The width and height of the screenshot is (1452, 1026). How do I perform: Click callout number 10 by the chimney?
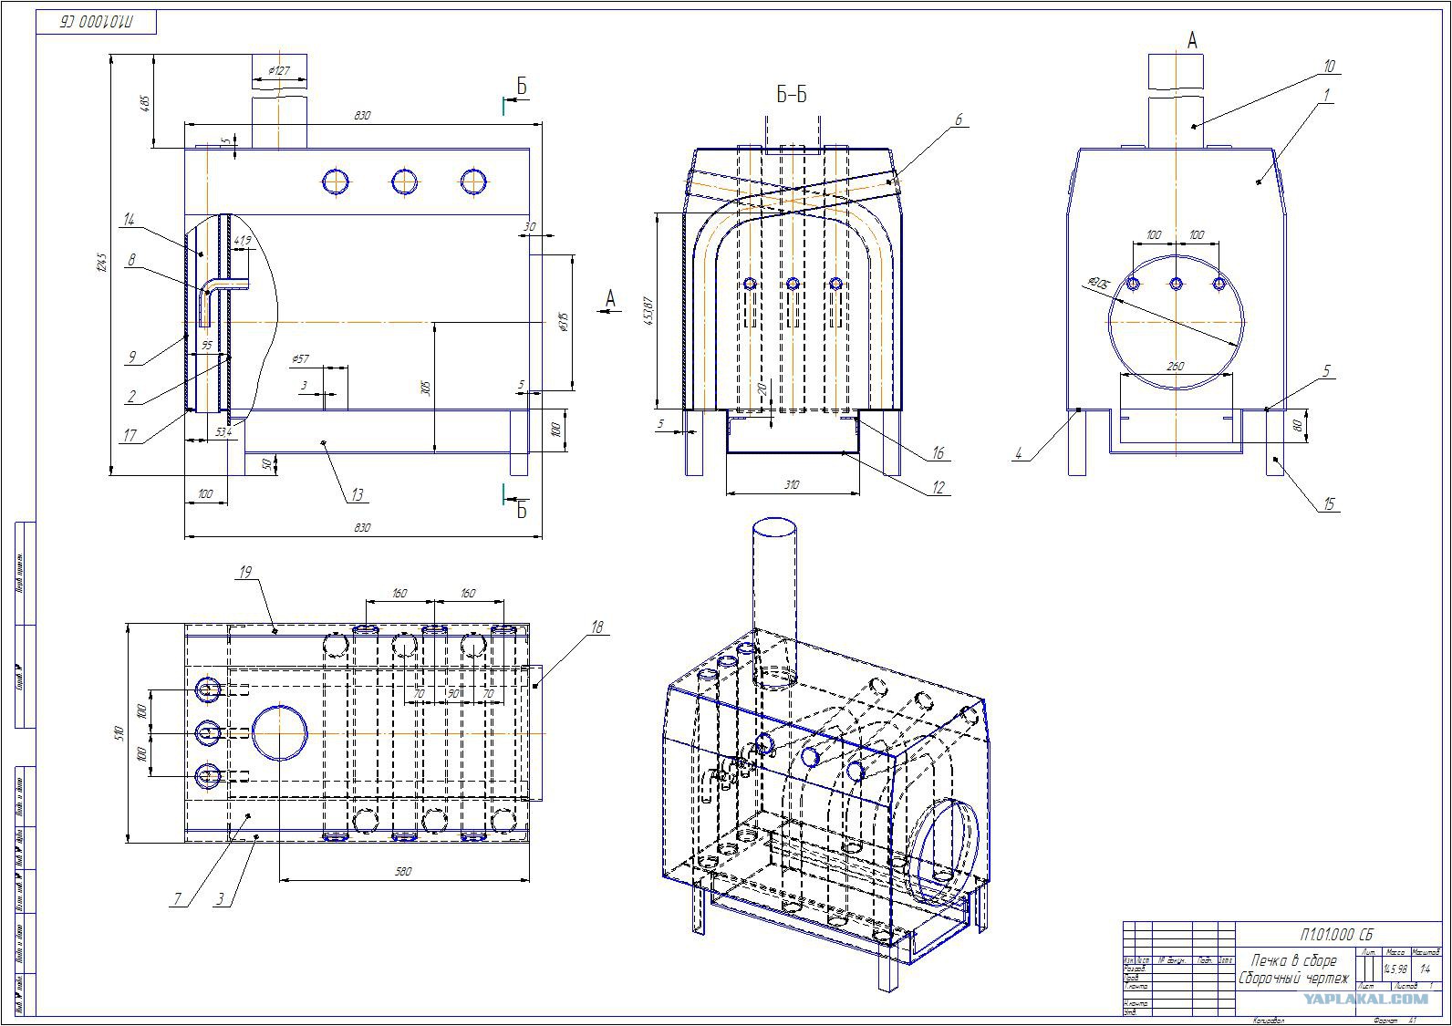pos(1329,67)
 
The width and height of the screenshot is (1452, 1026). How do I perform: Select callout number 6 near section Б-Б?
pos(959,119)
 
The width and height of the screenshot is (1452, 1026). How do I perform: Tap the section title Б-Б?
pos(791,95)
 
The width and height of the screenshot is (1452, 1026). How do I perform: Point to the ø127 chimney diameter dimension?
pos(279,70)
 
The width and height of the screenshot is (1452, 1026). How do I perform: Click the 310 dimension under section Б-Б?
pos(791,485)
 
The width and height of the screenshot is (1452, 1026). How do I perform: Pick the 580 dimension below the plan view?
pos(402,872)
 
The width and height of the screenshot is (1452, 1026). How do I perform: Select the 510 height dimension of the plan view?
pos(118,733)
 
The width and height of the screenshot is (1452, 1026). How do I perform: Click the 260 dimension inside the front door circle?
pos(1175,367)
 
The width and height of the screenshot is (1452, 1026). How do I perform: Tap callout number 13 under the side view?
pos(358,495)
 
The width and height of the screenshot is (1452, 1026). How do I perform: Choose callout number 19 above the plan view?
pos(244,573)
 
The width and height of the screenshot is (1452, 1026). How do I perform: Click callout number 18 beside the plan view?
pos(597,627)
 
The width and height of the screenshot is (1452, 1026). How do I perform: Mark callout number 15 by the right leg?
pos(1329,503)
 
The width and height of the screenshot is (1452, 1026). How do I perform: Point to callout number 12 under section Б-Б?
pos(939,488)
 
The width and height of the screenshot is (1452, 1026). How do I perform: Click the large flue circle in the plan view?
pos(279,733)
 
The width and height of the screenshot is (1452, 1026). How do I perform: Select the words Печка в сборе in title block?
pos(1293,960)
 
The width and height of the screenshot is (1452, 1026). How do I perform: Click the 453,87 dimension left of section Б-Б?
pos(648,311)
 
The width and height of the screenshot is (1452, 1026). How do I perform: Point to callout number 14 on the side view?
pos(129,219)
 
